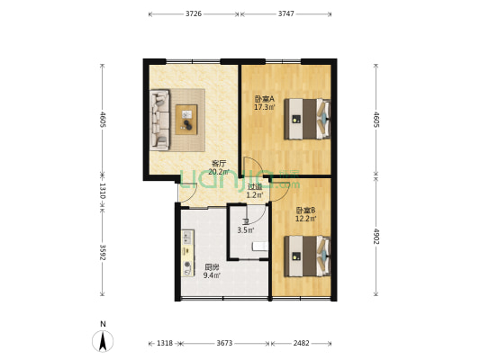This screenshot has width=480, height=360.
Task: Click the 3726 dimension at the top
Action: (x=194, y=13)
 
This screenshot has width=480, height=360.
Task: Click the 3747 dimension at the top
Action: (x=285, y=13)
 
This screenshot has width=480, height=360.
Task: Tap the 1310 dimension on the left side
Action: (x=103, y=191)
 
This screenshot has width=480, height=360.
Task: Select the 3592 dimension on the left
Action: (x=103, y=252)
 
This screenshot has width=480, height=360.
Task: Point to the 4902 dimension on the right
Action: (x=376, y=237)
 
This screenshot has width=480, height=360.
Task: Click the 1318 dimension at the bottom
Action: (x=165, y=343)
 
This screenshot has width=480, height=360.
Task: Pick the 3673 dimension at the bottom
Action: (x=224, y=343)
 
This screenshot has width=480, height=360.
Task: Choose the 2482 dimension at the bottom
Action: (x=301, y=343)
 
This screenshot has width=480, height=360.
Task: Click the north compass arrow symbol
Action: (x=103, y=340)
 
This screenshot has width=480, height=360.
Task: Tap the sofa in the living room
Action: (x=159, y=120)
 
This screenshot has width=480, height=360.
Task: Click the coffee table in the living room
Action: (x=186, y=120)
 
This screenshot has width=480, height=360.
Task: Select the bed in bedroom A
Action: (x=307, y=119)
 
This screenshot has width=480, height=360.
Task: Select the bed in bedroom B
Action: (x=307, y=256)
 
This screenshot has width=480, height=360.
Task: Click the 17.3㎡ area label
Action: (x=265, y=107)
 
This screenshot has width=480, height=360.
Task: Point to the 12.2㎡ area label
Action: (x=305, y=219)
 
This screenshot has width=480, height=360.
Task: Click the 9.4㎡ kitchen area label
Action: (x=212, y=275)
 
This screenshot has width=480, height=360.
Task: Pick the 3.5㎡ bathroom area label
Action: (x=246, y=230)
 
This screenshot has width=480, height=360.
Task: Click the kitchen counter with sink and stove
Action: (x=187, y=254)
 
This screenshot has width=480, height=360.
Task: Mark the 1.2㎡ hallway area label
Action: (x=254, y=194)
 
